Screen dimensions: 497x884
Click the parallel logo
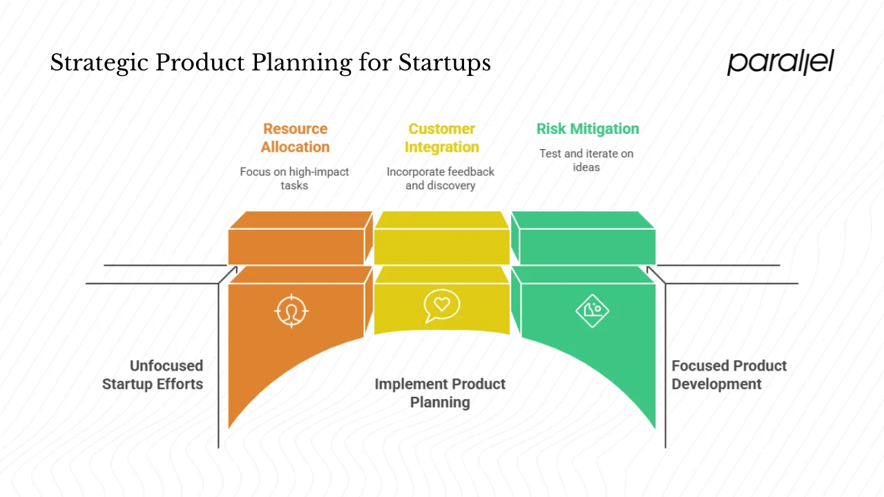pyautogui.click(x=780, y=62)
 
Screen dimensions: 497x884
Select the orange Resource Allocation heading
pyautogui.click(x=295, y=138)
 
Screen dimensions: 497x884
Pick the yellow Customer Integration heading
pyautogui.click(x=441, y=138)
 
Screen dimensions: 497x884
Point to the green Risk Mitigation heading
pyautogui.click(x=588, y=129)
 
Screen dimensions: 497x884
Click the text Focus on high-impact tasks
pyautogui.click(x=294, y=178)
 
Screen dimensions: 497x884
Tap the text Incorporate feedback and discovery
pyautogui.click(x=441, y=178)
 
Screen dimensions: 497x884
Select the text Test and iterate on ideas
pyautogui.click(x=586, y=160)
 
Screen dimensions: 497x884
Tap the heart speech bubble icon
pyautogui.click(x=441, y=306)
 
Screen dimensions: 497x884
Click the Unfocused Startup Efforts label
pyautogui.click(x=153, y=375)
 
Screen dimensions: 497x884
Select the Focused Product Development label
pyautogui.click(x=729, y=375)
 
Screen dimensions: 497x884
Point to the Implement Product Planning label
pyautogui.click(x=440, y=393)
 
